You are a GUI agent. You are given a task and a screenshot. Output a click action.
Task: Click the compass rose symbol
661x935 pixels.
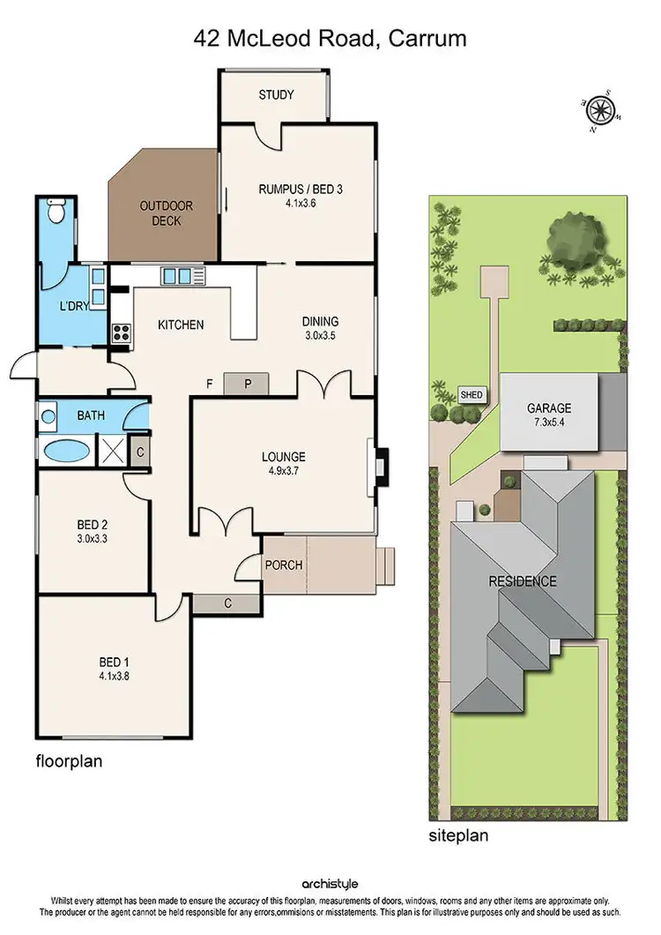(x=601, y=110)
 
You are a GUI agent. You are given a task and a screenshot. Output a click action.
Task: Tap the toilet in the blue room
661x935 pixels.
(x=56, y=212)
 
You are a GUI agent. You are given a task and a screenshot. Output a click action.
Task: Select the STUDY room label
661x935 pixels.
(x=275, y=95)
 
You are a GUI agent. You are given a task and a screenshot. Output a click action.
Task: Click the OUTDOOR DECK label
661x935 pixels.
(x=166, y=213)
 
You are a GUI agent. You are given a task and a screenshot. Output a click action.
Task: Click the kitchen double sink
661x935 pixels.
(x=176, y=276)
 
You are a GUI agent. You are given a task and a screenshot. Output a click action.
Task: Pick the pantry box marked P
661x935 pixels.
(x=248, y=384)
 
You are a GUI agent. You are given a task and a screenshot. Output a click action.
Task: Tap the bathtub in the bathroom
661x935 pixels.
(x=66, y=450)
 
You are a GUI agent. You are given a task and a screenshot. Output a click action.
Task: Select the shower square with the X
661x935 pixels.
(x=112, y=450)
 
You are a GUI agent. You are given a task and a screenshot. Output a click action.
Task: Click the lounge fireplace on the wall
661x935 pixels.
(x=379, y=461)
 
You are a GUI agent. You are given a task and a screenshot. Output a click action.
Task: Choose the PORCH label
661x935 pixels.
(x=283, y=565)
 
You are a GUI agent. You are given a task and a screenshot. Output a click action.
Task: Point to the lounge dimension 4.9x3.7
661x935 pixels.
(x=283, y=471)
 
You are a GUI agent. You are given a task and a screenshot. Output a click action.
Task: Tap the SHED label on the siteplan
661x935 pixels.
(x=472, y=395)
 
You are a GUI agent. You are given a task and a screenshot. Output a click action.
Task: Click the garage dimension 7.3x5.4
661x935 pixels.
(x=549, y=423)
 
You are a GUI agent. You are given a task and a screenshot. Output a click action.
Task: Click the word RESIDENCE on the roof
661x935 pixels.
(x=524, y=581)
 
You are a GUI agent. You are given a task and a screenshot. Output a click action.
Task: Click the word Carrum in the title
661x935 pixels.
(x=430, y=38)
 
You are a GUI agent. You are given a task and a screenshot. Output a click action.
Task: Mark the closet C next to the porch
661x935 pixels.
(x=227, y=604)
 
